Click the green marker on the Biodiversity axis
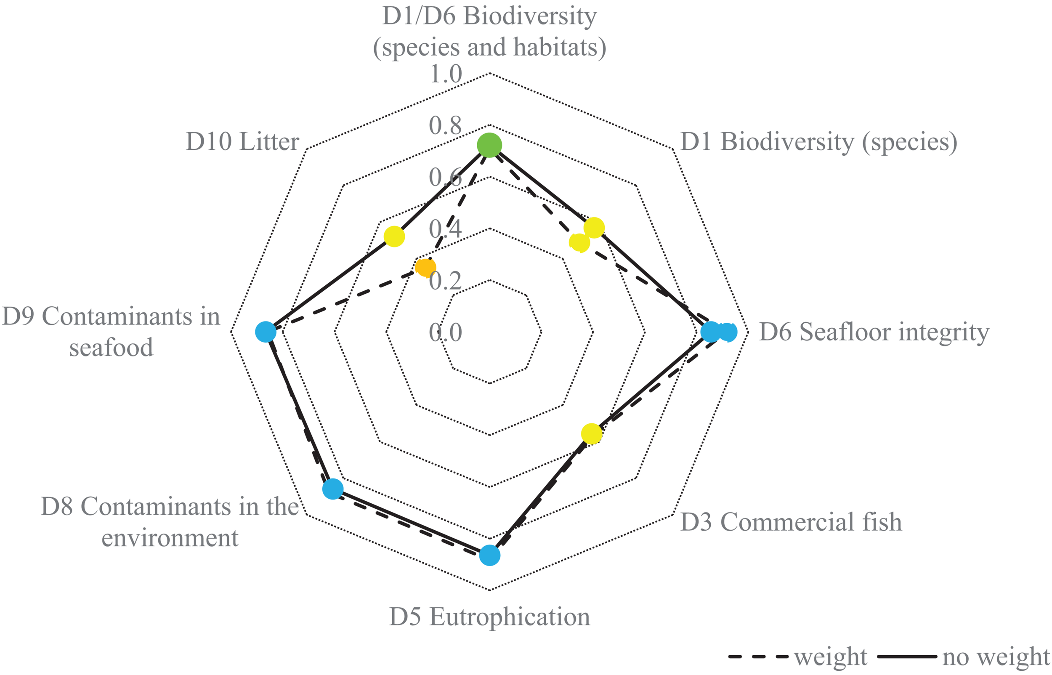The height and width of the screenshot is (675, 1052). (489, 145)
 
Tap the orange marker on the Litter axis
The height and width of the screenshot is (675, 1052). (425, 267)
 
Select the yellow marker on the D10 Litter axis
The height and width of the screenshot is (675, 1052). (394, 236)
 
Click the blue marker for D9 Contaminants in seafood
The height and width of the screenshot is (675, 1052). (266, 332)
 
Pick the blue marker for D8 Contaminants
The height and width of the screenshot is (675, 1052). (332, 489)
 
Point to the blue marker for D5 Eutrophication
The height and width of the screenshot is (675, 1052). (489, 555)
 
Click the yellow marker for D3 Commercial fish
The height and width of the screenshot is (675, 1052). (592, 434)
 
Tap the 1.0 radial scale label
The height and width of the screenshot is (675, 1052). (446, 74)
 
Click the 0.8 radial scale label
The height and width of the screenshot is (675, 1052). (445, 125)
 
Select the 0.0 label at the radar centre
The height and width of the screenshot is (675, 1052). (445, 332)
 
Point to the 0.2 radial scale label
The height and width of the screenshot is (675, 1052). (445, 281)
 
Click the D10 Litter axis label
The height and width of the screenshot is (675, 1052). (242, 141)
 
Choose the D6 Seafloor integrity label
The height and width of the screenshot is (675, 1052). (874, 332)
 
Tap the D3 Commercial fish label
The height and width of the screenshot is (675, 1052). (791, 522)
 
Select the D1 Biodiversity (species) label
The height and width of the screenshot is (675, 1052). (818, 141)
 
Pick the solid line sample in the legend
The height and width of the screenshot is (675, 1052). (907, 656)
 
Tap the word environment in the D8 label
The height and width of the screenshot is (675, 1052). (170, 538)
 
